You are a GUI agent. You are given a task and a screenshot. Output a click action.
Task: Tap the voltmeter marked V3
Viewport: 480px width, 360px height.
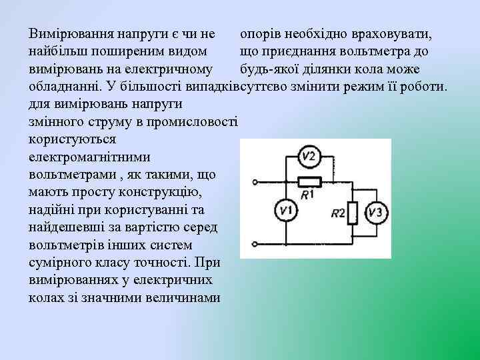377,213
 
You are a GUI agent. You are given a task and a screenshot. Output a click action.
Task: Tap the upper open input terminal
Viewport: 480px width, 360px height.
255,181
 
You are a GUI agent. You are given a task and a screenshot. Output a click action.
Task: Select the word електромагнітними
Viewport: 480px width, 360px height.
81,158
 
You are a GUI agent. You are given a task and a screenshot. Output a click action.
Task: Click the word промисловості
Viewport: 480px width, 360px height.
194,123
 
